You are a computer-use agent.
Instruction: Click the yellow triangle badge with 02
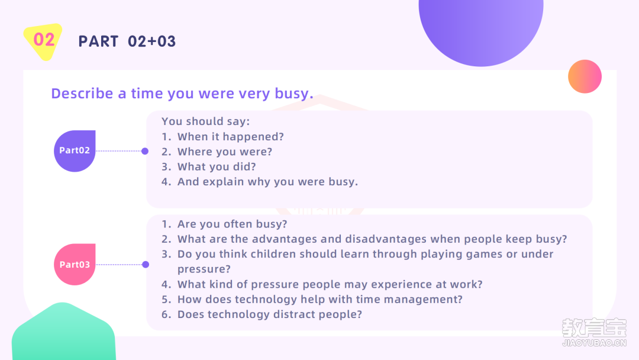[x=43, y=41]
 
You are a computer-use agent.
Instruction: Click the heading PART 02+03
[x=127, y=41]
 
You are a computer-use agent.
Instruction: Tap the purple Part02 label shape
[x=75, y=151]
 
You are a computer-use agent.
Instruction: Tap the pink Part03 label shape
[x=75, y=264]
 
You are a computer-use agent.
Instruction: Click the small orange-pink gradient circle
[x=585, y=76]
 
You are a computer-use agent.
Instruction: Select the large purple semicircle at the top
[x=481, y=28]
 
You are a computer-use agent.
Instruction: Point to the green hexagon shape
[x=63, y=332]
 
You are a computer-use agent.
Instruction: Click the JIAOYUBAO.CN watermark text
[x=594, y=343]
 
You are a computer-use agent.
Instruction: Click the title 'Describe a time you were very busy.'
[x=182, y=94]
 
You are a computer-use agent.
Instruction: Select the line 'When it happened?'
[x=231, y=137]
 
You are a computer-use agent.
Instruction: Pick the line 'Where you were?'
[x=225, y=152]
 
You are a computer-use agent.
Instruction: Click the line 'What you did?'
[x=217, y=167]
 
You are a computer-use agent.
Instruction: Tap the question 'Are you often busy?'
[x=233, y=224]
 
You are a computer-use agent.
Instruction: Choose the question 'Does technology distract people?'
[x=270, y=314]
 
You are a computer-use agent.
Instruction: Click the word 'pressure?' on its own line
[x=204, y=269]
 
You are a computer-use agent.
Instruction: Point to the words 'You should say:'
[x=206, y=121]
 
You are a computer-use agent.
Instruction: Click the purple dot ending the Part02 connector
[x=145, y=151]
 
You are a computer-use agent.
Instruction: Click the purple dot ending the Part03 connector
[x=146, y=265]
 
